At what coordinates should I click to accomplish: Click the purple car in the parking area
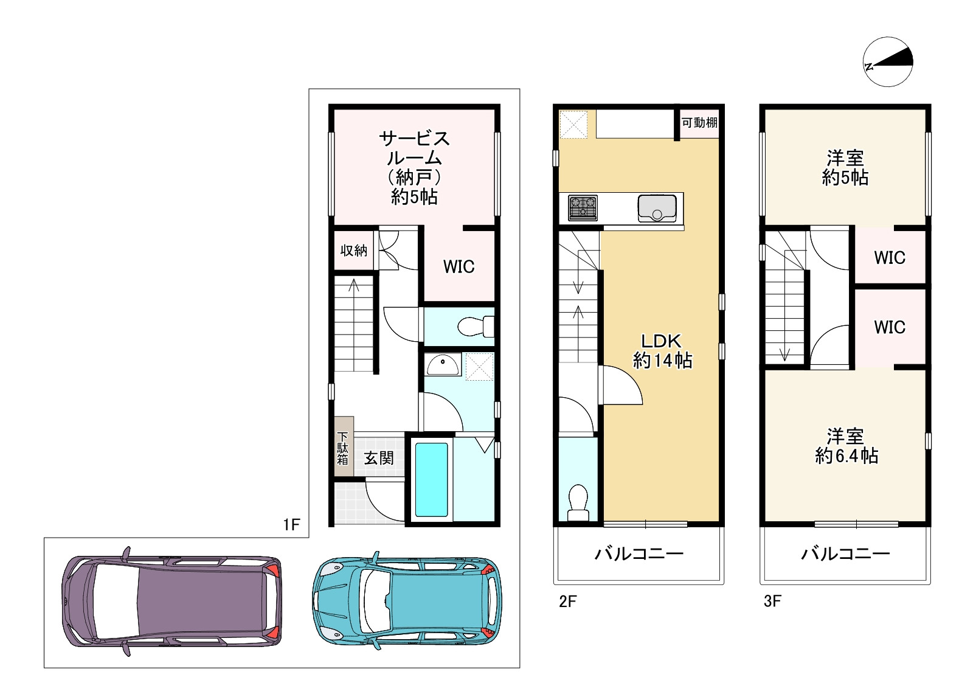171,601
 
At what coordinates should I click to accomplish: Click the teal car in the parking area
407,601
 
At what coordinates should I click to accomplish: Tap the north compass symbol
888,61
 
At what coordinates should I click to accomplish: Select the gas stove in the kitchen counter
583,208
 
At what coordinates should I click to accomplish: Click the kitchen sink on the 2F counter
657,209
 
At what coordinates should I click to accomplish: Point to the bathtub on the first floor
431,479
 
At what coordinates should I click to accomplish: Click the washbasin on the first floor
443,364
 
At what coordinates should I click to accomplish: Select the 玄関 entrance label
379,458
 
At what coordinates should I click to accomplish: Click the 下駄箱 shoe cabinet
344,447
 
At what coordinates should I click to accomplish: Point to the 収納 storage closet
354,251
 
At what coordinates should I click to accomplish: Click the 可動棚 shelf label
699,122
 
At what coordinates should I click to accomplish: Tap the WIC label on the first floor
459,267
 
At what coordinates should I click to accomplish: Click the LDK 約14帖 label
662,351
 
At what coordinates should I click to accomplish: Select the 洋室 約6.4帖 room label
846,446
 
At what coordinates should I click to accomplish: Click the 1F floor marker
291,524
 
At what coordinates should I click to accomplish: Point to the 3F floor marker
772,601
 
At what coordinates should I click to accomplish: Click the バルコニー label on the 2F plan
639,554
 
